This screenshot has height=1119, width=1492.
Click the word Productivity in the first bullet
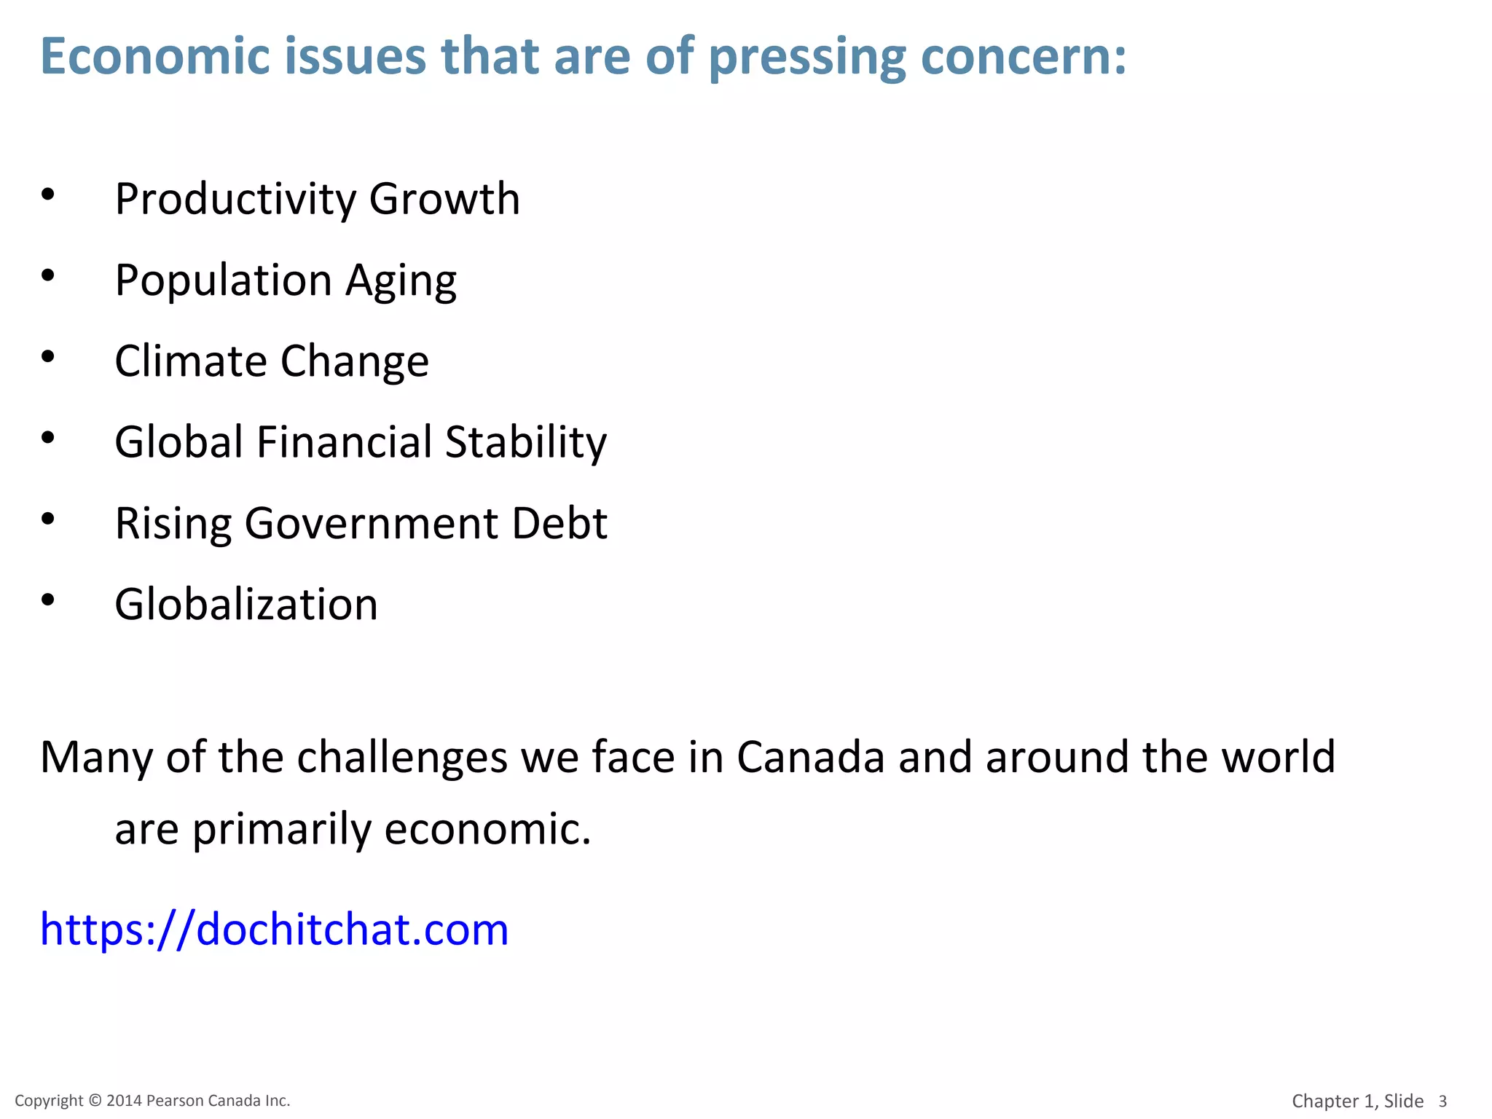(235, 199)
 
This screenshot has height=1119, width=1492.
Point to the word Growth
(444, 199)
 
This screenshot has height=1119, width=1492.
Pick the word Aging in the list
(401, 281)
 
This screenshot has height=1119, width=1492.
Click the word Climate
(191, 361)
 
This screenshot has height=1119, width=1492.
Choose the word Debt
(559, 523)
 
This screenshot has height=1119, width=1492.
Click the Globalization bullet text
(246, 605)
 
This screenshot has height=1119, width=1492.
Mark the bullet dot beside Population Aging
(48, 275)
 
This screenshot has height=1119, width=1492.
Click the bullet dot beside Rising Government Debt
(48, 519)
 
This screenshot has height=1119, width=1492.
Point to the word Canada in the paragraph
(811, 757)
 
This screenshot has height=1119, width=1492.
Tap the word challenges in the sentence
(402, 758)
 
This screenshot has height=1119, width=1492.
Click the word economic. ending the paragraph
(487, 829)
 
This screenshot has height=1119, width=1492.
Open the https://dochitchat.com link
(274, 930)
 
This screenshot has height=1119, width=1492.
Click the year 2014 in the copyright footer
(124, 1101)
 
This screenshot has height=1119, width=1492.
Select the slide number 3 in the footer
(1442, 1102)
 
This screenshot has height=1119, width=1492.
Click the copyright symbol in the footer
(95, 1101)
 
